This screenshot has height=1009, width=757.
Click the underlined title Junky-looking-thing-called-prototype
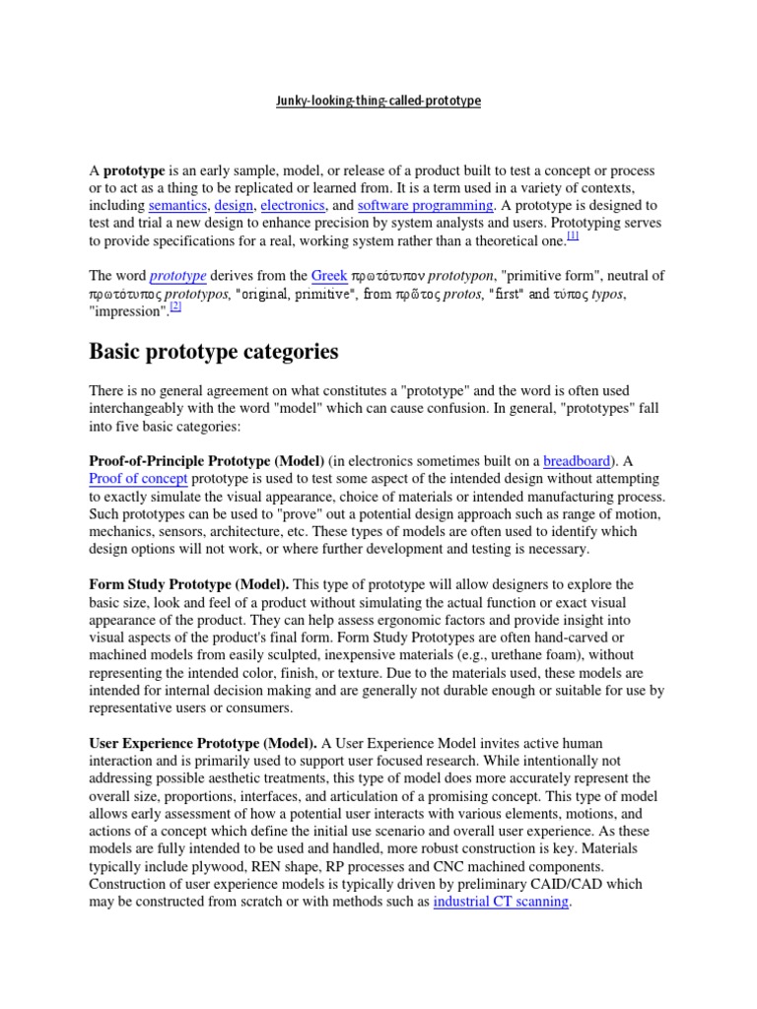pos(378,101)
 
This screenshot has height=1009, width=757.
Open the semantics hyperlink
pos(178,206)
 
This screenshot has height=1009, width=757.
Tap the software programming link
pos(425,206)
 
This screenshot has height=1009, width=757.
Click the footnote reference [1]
pos(573,236)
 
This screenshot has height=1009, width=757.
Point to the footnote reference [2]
pos(175,306)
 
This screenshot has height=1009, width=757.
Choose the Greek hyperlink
pos(329,276)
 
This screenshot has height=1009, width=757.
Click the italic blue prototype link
pos(177,276)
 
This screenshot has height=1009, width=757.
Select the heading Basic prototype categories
pos(214,352)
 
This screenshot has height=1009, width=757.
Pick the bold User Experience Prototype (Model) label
pos(203,742)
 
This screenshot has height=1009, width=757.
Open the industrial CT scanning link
pos(501,902)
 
